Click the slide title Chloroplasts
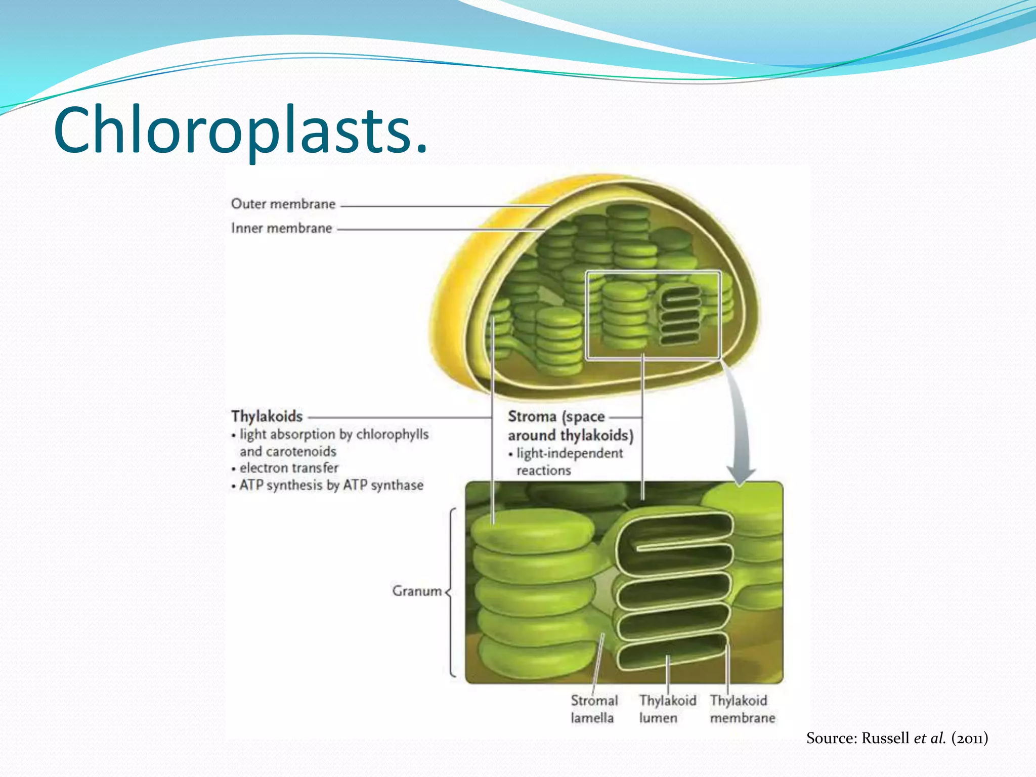[241, 130]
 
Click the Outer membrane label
[283, 204]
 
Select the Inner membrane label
[281, 228]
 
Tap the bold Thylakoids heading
[267, 416]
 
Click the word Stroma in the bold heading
[532, 416]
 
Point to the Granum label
[416, 591]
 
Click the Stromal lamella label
[594, 709]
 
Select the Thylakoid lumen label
[667, 709]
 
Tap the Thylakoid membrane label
[742, 709]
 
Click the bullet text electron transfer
[288, 468]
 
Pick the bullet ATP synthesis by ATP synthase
[331, 485]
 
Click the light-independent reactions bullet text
[569, 461]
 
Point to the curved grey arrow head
[741, 476]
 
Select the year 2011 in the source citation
[969, 738]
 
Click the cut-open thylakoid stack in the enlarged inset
[673, 592]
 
